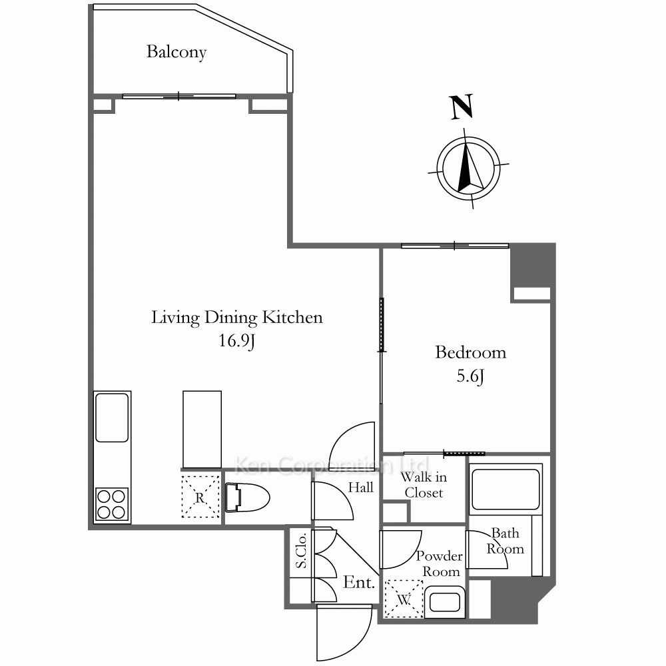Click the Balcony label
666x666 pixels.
coord(176,52)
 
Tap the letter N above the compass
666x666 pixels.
coord(462,107)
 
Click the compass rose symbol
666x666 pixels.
coord(468,168)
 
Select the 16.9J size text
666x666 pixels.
coord(236,341)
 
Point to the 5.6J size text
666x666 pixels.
coord(470,376)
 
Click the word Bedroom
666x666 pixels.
coord(471,352)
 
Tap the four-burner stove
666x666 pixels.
coord(112,503)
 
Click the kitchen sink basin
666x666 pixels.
coord(112,418)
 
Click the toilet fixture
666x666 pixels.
coord(247,498)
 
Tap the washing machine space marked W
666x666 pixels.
coord(404,599)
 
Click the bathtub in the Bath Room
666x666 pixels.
coord(505,490)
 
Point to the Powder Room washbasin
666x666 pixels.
coord(445,602)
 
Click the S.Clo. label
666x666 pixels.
coord(301,551)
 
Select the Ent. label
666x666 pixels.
coord(359,582)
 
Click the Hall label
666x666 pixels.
coord(360,488)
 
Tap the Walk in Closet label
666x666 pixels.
coord(424,485)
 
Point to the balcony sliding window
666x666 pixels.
coord(178,97)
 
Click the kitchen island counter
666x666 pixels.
coord(202,430)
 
